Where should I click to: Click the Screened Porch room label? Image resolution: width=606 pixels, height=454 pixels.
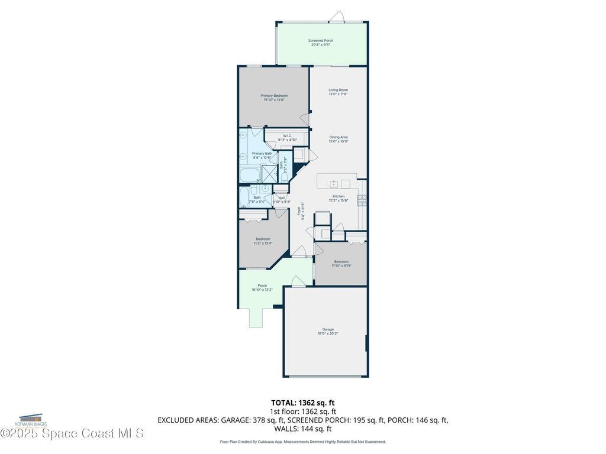tap(321, 43)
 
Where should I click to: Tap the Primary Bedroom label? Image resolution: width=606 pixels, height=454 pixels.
tap(274, 98)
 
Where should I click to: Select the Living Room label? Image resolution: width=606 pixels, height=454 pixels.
tap(338, 92)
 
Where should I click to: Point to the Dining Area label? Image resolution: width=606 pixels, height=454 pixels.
tap(339, 139)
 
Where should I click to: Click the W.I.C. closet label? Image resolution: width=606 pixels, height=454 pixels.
tap(287, 138)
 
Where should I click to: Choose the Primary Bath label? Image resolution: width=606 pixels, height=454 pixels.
tap(262, 155)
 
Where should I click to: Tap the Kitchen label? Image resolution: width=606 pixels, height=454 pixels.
tap(339, 198)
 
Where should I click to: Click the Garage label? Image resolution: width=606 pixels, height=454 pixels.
tap(328, 331)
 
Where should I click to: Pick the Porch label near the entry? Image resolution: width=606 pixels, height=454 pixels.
tap(262, 287)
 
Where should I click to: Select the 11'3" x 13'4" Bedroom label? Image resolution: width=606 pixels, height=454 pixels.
tap(263, 241)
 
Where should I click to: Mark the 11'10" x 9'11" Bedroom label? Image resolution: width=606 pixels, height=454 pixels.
tap(341, 263)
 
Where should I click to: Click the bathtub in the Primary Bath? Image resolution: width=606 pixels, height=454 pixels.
tap(250, 174)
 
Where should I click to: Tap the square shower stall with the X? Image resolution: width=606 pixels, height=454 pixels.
tap(269, 174)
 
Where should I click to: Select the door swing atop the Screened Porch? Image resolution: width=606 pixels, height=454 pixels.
tap(337, 16)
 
